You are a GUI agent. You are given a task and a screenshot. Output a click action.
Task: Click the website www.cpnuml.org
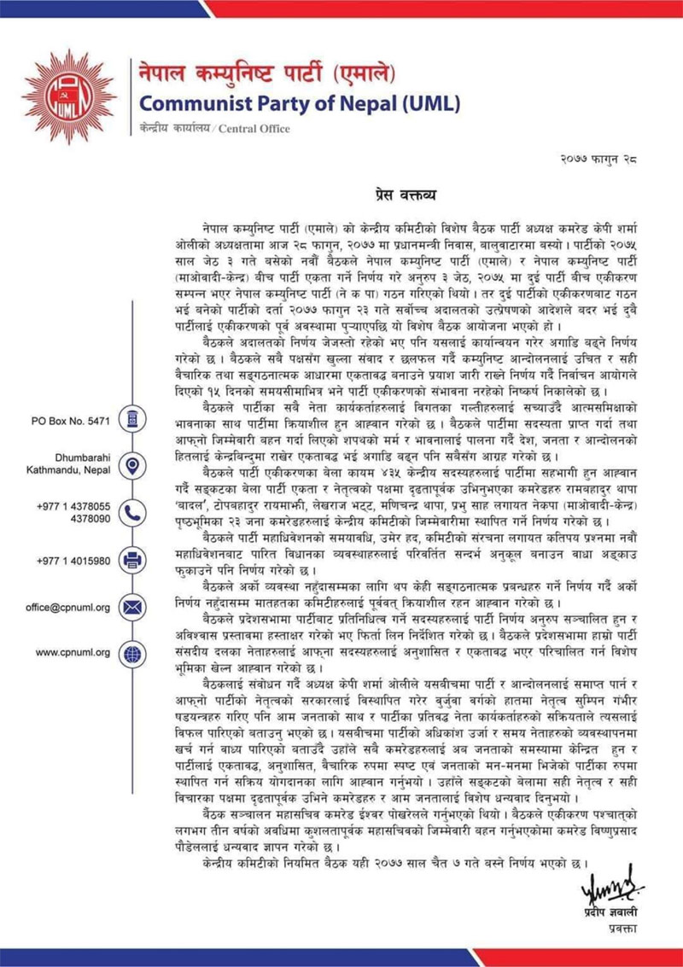(73, 654)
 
